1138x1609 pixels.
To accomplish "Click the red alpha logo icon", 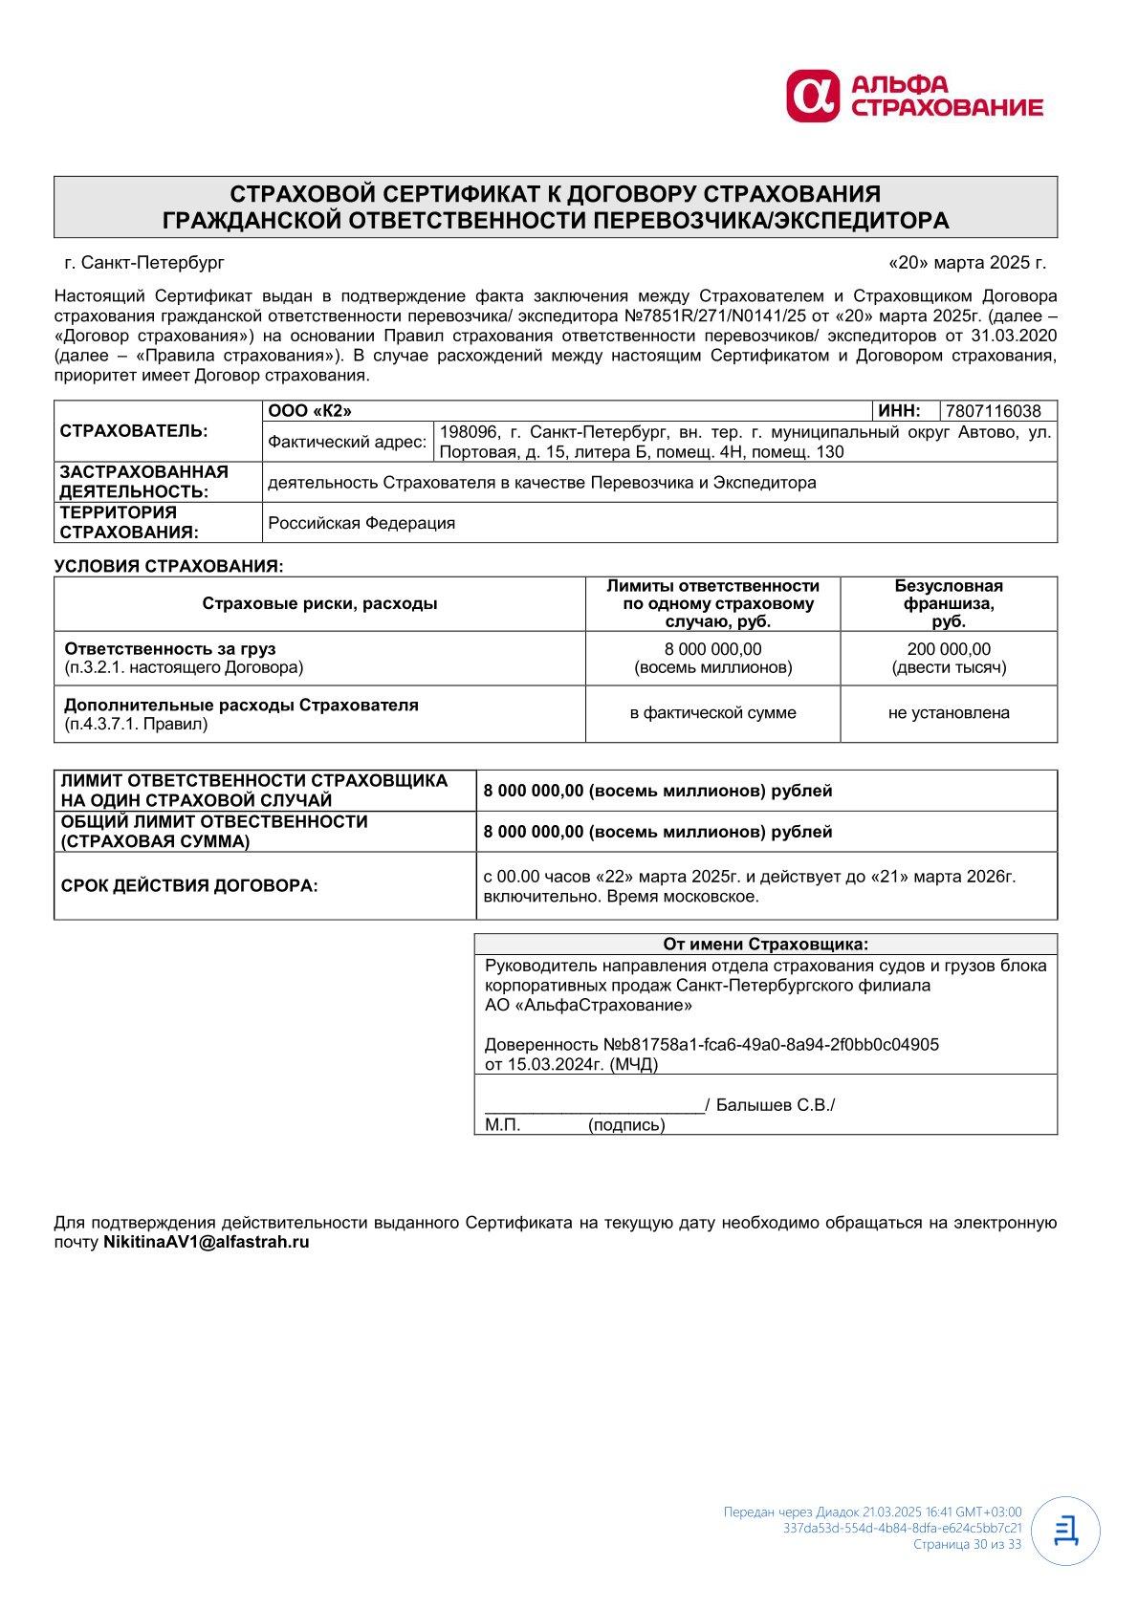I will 812,97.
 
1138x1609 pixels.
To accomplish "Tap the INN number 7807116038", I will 993,411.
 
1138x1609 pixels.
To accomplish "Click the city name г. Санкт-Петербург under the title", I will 144,262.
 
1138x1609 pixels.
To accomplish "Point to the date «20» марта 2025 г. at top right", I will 967,262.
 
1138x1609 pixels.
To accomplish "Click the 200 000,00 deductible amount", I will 949,649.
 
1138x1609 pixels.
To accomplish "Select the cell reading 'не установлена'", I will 949,712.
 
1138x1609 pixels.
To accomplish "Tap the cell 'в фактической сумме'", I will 712,712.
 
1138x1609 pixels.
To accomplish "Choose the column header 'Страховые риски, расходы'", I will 319,603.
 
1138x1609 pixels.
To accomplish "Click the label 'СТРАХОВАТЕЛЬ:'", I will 134,430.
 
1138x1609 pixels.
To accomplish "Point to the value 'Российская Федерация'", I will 361,523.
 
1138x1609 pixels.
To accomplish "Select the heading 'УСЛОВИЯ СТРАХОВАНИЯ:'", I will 169,566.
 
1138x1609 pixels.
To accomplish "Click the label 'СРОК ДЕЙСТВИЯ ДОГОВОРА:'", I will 189,885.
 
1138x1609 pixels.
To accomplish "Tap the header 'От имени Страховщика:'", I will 766,944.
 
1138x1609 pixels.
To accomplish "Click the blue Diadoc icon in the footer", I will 1065,1531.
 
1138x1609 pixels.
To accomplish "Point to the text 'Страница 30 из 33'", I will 967,1543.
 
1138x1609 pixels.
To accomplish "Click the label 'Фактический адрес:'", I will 347,442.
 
